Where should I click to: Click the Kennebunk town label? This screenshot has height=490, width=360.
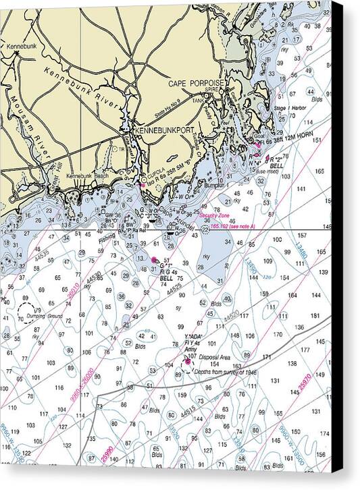tap(20, 46)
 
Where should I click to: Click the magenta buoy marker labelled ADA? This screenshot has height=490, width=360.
tap(187, 362)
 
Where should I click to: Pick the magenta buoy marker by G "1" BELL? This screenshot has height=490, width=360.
tap(155, 259)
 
